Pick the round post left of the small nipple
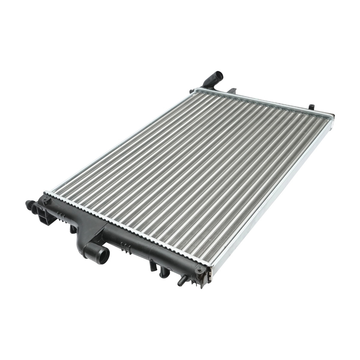click(163, 271)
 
